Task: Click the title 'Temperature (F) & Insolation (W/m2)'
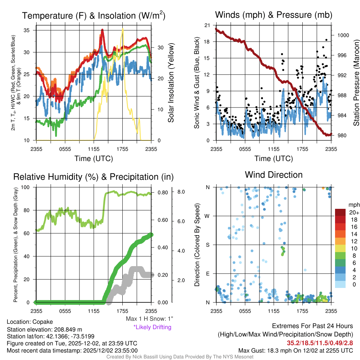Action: coord(94,15)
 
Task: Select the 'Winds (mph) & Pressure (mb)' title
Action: coord(274,15)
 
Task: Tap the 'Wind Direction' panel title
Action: coord(274,175)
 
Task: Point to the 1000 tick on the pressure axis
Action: coord(342,35)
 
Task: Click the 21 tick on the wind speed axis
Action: coord(207,25)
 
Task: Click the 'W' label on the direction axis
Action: coord(207,216)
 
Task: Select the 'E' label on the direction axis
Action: coord(207,274)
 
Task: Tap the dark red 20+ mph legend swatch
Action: coord(341,212)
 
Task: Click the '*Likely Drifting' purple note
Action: coord(152,327)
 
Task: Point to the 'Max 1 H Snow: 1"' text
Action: coord(149,319)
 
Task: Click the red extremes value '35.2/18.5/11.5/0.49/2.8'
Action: coord(320,343)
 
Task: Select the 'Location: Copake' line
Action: coord(30,322)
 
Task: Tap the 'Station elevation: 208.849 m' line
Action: coord(44,329)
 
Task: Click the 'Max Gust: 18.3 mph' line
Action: coord(295,351)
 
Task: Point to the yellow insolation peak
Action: coord(123,29)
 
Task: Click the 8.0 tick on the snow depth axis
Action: coord(181,192)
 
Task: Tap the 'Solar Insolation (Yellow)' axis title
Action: coord(171,83)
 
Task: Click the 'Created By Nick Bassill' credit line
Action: coord(180,357)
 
